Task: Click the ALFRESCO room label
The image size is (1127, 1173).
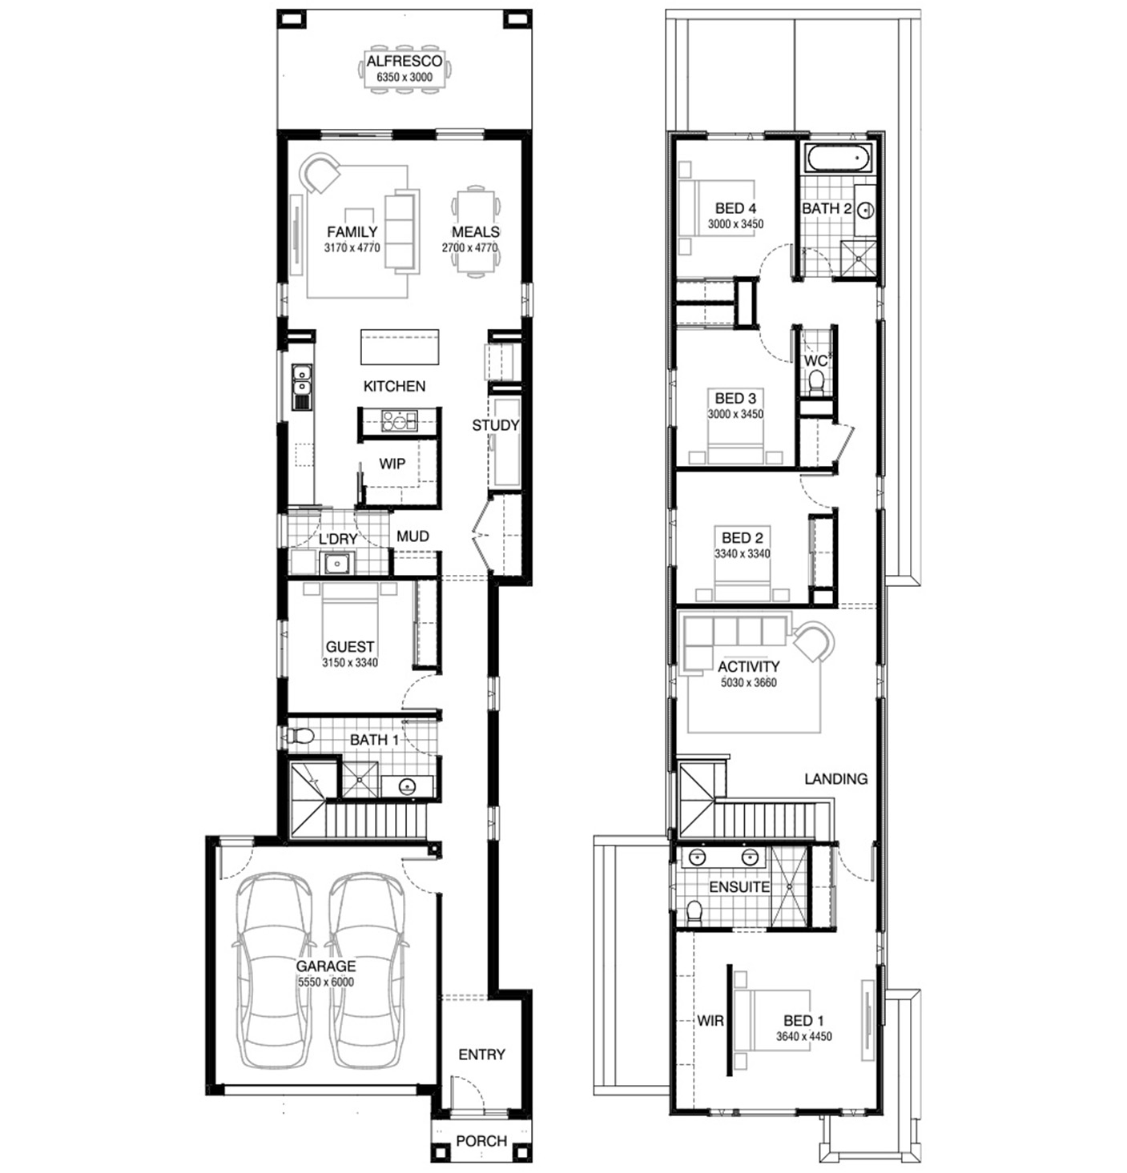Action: [x=396, y=61]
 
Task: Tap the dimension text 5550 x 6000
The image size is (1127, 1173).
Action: [x=326, y=982]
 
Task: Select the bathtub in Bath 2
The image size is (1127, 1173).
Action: [x=838, y=157]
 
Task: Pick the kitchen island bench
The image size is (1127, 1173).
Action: [x=399, y=347]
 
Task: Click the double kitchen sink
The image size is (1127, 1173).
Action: [x=301, y=387]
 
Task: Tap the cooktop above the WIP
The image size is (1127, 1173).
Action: [x=399, y=420]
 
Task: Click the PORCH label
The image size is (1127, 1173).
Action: [x=481, y=1141]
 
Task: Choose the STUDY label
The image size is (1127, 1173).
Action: [x=495, y=425]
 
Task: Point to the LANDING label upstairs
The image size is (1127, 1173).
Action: [x=835, y=779]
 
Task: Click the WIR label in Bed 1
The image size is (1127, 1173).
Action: [x=710, y=1021]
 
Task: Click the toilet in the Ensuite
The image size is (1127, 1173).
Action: [x=694, y=911]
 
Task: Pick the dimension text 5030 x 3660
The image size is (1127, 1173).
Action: [x=748, y=682]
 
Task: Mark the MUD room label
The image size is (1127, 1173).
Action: [x=413, y=536]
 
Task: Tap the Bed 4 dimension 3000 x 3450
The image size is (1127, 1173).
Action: [x=735, y=224]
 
